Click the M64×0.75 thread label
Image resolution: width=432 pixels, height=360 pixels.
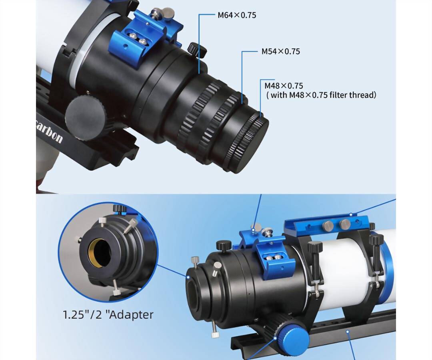(x=237, y=15)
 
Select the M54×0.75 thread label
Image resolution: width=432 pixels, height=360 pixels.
(x=281, y=51)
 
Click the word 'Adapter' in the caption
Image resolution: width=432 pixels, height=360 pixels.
(x=130, y=314)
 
